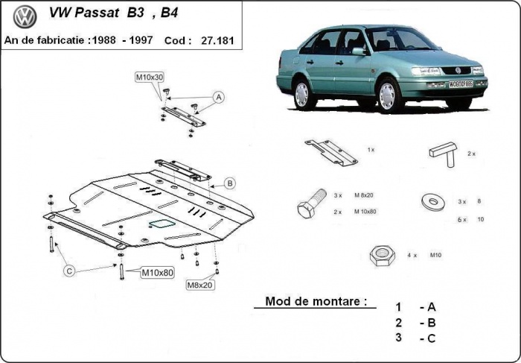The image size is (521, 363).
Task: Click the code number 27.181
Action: [x=216, y=40]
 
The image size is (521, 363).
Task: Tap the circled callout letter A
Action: [x=219, y=97]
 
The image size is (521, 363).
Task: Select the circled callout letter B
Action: [x=230, y=183]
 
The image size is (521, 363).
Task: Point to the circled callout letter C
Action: [x=68, y=271]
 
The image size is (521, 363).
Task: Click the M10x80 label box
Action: [x=157, y=273]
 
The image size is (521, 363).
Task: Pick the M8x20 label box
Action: [x=199, y=284]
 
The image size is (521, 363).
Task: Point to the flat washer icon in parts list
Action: [x=432, y=201]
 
